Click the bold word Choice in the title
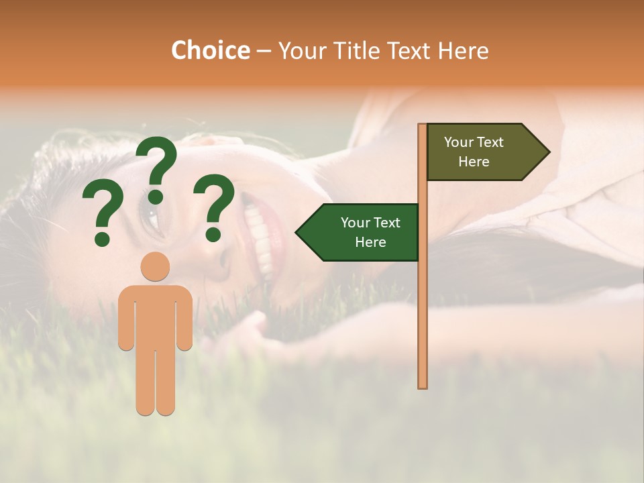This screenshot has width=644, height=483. pos(210,50)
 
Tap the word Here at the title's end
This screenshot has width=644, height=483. pos(463,50)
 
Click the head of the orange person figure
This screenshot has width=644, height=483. pos(155,266)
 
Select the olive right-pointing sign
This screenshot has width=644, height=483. pos(483,152)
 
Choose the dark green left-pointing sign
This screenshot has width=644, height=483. pos(362,232)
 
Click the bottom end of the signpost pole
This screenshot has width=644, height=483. pos(423,385)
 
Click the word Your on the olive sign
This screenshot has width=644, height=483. pos(459,142)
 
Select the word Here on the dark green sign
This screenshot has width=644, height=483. pos(370,242)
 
